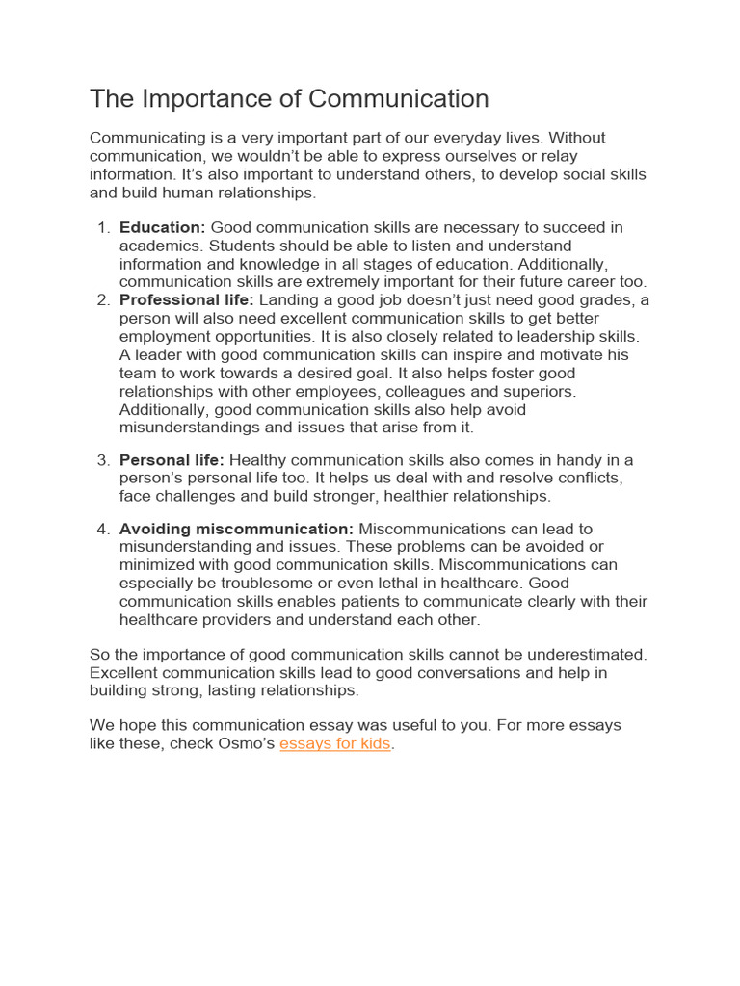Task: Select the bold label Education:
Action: (x=162, y=227)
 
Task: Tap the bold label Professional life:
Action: (x=186, y=300)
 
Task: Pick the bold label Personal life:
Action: (x=172, y=460)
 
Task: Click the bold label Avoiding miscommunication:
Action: (x=237, y=529)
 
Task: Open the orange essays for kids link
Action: (x=335, y=744)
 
